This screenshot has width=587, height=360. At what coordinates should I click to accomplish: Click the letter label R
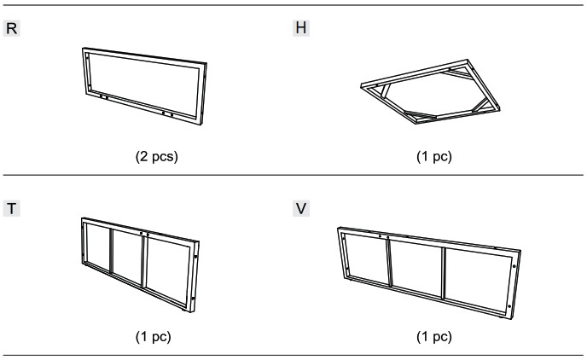pyautogui.click(x=12, y=28)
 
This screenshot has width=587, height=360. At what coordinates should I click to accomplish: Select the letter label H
pyautogui.click(x=301, y=27)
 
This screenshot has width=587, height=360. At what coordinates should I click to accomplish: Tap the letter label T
pyautogui.click(x=12, y=208)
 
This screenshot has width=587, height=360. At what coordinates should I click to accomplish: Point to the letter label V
pyautogui.click(x=301, y=208)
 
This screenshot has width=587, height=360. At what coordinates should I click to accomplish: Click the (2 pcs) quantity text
pyautogui.click(x=156, y=156)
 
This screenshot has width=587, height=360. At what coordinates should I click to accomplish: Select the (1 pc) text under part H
pyautogui.click(x=434, y=156)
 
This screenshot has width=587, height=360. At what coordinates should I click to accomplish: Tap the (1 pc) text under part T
pyautogui.click(x=153, y=337)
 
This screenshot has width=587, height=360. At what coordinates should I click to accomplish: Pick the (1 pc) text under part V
pyautogui.click(x=434, y=337)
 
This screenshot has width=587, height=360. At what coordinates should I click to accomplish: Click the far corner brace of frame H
pyautogui.click(x=456, y=73)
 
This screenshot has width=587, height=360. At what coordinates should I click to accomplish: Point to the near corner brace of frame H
pyautogui.click(x=420, y=114)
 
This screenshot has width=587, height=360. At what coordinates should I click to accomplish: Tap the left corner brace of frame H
pyautogui.click(x=385, y=91)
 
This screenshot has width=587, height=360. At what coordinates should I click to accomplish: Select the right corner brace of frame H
pyautogui.click(x=481, y=105)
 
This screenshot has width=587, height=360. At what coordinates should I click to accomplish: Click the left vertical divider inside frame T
pyautogui.click(x=111, y=251)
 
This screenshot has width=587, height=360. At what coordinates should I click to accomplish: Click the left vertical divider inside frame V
pyautogui.click(x=389, y=263)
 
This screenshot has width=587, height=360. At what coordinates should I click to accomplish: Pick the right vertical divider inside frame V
pyautogui.click(x=444, y=273)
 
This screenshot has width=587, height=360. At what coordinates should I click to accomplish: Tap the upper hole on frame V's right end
pyautogui.click(x=514, y=266)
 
